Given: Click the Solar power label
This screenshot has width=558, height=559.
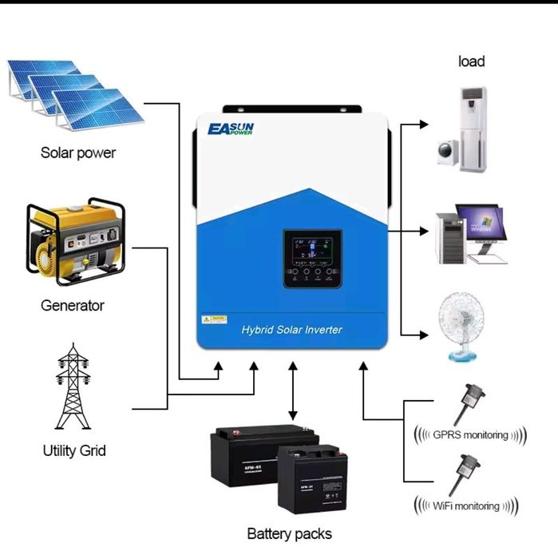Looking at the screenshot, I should [78, 153].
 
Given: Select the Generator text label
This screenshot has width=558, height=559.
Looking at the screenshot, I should [73, 305].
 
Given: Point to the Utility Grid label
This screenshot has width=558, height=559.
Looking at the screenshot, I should [73, 450].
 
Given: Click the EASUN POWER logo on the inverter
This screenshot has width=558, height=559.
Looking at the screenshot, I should [230, 129].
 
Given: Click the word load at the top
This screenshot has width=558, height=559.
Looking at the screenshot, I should [471, 61].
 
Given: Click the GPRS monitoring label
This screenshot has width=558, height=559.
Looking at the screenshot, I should [469, 435].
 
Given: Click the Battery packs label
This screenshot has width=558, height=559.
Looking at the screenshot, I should [289, 533].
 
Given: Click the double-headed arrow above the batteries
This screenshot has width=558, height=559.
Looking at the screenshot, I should [293, 391].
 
